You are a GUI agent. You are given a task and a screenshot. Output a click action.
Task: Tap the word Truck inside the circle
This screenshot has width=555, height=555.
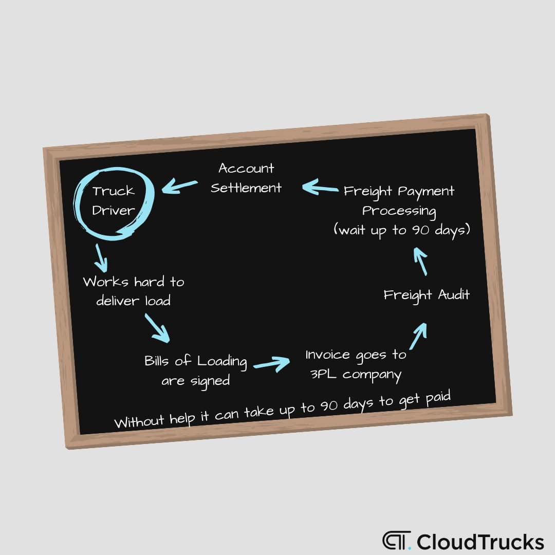click(x=113, y=191)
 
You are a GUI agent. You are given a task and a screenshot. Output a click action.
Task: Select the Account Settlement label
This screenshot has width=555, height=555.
click(x=246, y=178)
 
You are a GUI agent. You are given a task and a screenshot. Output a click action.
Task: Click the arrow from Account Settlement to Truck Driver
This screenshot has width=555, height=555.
click(x=180, y=186)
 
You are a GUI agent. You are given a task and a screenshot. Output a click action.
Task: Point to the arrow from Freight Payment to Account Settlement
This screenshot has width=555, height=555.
click(x=319, y=188)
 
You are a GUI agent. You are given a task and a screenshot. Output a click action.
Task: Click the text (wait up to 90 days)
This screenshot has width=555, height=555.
click(x=402, y=230)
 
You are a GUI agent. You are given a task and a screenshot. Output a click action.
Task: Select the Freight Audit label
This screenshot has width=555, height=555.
click(x=427, y=295)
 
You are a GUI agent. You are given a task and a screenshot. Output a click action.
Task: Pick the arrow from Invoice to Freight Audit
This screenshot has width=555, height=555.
click(x=418, y=336)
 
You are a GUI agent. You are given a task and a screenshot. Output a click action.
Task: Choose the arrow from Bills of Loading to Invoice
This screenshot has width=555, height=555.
click(x=272, y=364)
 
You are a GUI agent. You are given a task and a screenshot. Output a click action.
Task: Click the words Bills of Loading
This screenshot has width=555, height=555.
click(x=195, y=361)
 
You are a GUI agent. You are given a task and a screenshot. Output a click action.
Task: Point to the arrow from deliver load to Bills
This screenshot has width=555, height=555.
click(x=156, y=328)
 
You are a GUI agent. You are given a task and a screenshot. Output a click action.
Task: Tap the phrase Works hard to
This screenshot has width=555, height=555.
click(x=134, y=282)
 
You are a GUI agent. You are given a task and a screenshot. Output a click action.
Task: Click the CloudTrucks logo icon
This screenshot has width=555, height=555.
click(x=395, y=541)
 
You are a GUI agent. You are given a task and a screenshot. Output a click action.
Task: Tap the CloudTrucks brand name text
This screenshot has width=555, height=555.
click(x=480, y=542)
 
